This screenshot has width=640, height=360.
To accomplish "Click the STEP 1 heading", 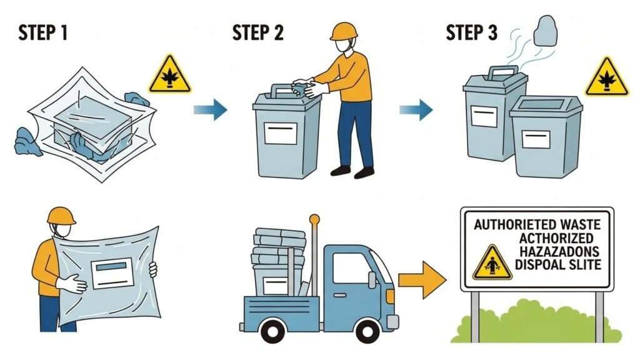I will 43,32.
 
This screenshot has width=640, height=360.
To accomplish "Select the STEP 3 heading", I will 472,32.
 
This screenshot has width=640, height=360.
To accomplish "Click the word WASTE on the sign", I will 576,223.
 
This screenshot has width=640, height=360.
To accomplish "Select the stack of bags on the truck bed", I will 278,250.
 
